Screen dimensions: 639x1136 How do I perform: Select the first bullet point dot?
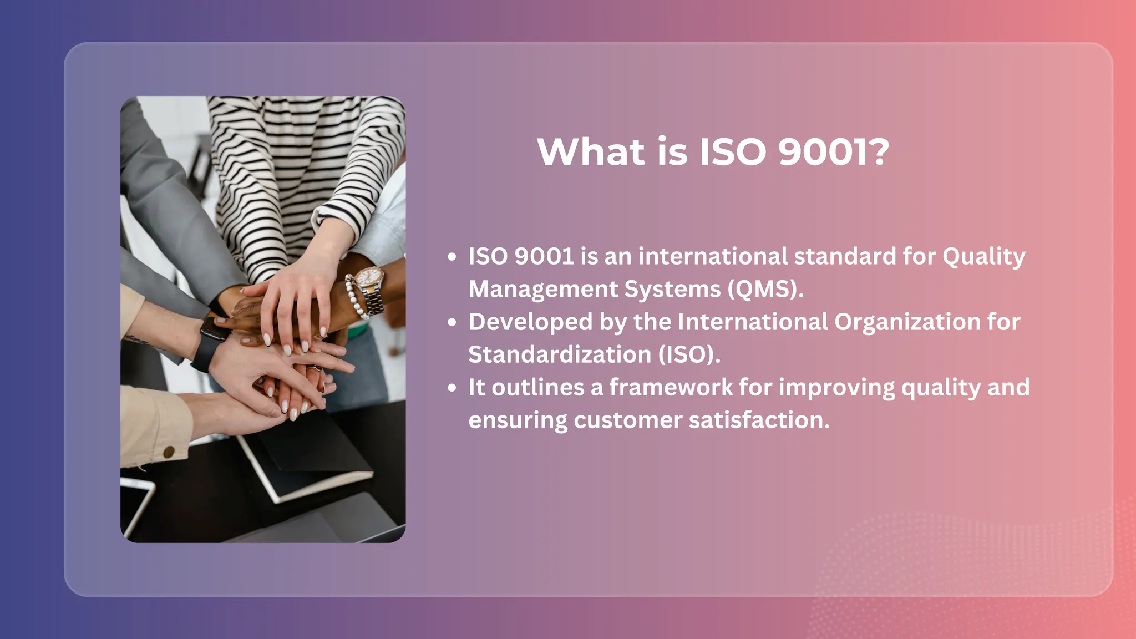click(452, 257)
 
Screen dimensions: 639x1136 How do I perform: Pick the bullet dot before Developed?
click(452, 322)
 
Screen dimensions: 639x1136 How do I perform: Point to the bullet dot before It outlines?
click(452, 388)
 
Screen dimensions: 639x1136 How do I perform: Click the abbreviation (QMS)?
click(765, 289)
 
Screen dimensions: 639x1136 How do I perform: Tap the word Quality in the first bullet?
click(983, 257)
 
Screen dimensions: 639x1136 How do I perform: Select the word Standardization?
click(560, 354)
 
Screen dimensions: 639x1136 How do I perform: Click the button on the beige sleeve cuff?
click(169, 452)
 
